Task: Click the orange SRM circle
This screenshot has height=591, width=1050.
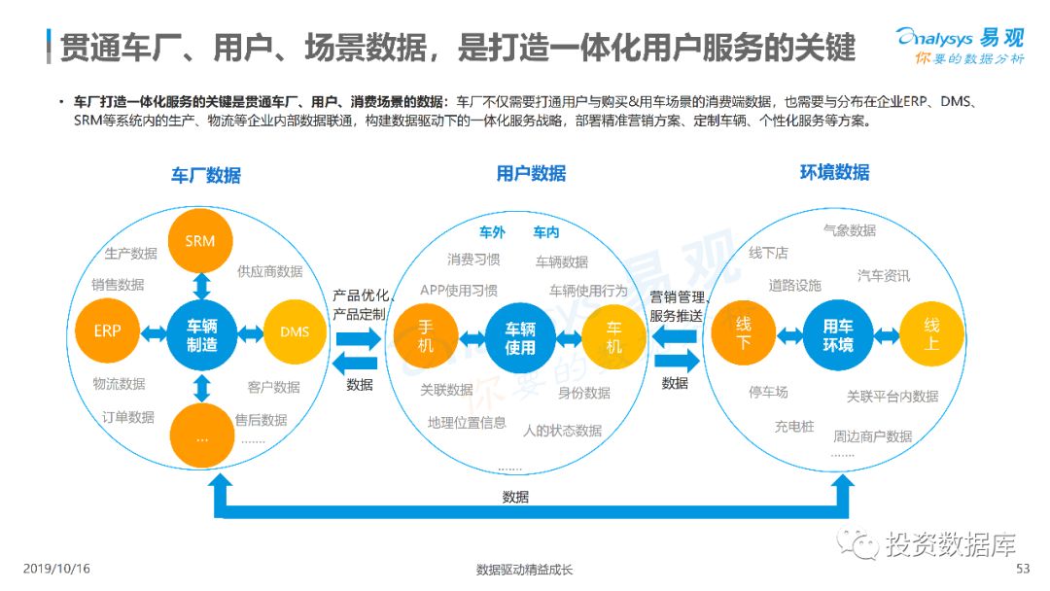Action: (x=200, y=240)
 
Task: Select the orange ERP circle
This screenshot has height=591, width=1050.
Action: (x=108, y=331)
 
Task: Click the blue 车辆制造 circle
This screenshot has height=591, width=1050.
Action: (x=201, y=333)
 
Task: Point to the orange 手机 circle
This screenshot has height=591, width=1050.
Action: (x=426, y=334)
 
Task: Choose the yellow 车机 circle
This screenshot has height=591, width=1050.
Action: (x=613, y=336)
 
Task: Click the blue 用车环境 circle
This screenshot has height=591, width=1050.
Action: (x=837, y=335)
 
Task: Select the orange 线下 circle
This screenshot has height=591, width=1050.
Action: (x=743, y=335)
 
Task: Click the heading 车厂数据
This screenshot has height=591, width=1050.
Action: (x=206, y=176)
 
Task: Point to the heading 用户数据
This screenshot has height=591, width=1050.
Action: (x=531, y=174)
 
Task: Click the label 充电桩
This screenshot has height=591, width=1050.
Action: (x=794, y=426)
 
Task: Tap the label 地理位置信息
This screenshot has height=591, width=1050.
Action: (x=467, y=423)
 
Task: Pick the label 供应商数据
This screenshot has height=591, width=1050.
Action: (x=269, y=271)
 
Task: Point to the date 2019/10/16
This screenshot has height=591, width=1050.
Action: (x=55, y=569)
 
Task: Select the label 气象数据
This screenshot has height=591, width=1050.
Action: (x=849, y=230)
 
